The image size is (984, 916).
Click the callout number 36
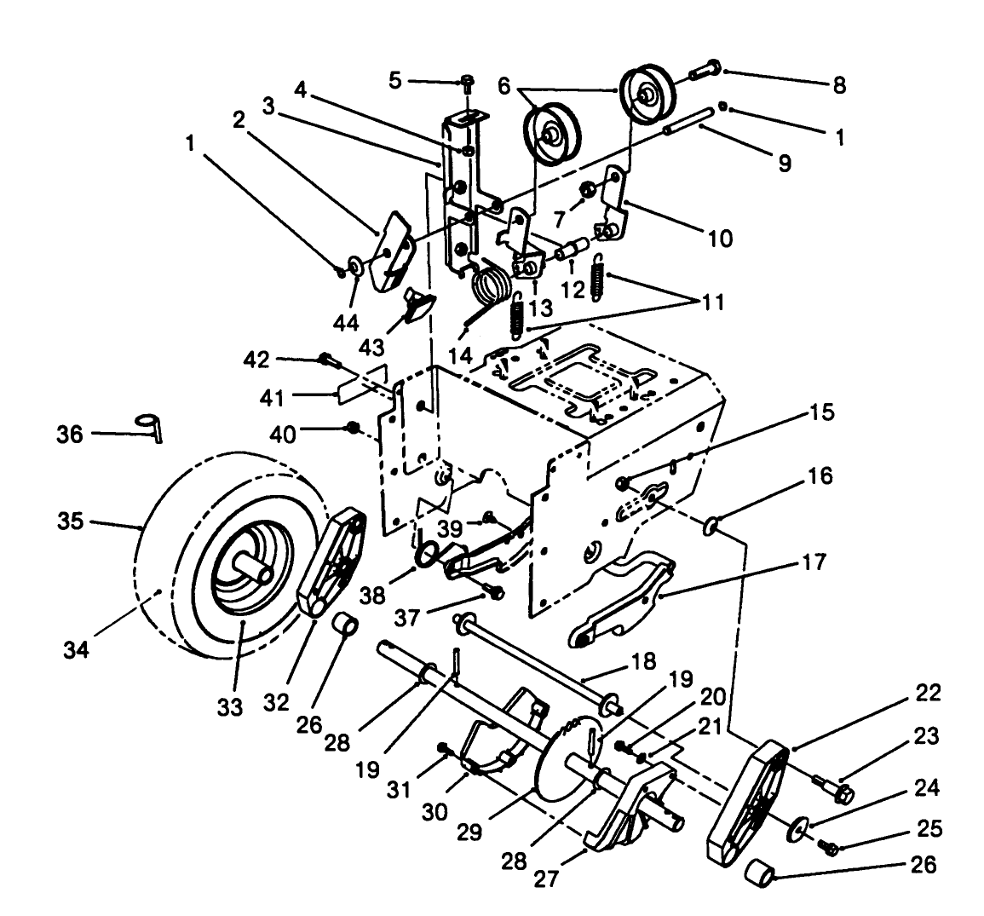(x=70, y=435)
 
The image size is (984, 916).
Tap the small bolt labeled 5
(x=468, y=83)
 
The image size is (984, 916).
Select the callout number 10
(x=719, y=239)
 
